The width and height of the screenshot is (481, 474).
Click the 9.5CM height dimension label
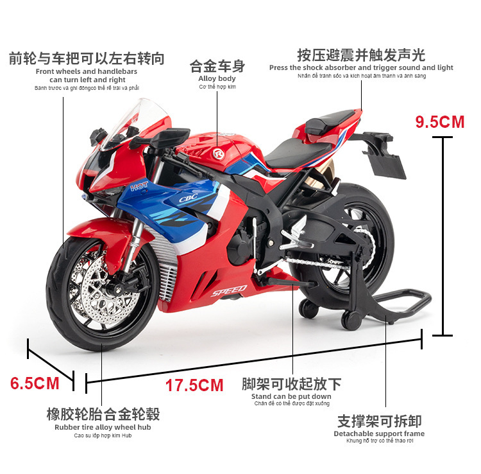[x=440, y=122]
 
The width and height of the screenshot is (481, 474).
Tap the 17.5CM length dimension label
[x=194, y=385]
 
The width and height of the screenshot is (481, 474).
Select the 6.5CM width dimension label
[x=35, y=383]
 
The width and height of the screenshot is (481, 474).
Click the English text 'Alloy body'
[x=217, y=78]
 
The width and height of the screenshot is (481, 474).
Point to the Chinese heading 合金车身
[x=217, y=66]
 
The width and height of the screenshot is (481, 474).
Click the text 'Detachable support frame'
[x=379, y=434]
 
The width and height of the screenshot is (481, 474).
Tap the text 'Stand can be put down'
[x=291, y=396]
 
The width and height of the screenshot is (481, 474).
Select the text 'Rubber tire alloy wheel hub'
[x=103, y=427]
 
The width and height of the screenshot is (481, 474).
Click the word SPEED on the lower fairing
[x=229, y=291]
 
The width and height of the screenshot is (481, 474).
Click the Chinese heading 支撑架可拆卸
[x=379, y=421]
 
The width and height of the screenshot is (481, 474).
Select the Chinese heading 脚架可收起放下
[x=291, y=384]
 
